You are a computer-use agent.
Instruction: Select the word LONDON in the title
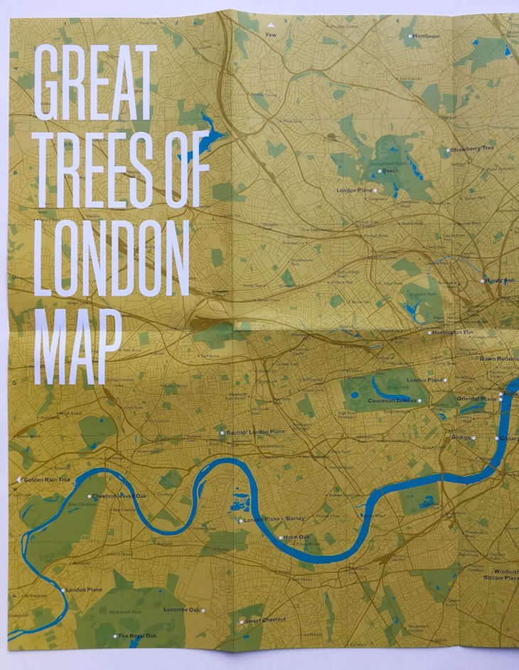(112, 257)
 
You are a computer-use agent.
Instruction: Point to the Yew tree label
(270, 33)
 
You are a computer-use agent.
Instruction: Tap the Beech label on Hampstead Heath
(391, 172)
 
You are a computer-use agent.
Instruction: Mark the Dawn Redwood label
(498, 359)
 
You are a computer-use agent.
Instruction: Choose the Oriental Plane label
(476, 399)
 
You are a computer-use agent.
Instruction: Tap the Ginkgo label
(461, 437)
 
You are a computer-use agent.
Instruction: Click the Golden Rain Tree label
(48, 480)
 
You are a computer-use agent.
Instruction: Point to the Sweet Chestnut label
(266, 621)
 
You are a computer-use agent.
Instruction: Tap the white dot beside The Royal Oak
(114, 636)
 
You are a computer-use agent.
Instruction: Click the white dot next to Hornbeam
(409, 35)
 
